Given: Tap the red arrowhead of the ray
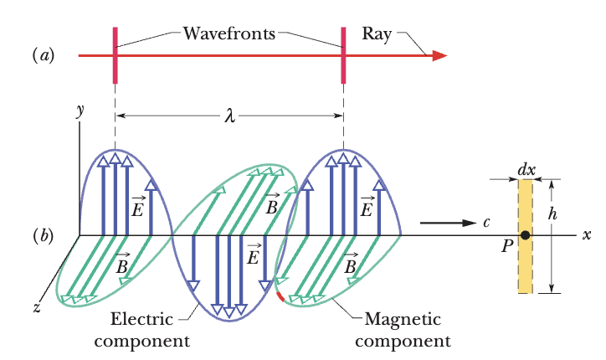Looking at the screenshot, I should pos(439,56).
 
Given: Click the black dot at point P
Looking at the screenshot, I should pos(525,236).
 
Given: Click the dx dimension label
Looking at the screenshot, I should pos(526,169).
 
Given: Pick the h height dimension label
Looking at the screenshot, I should pos(552,213).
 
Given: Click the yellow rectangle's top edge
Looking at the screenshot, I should pos(525,179).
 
